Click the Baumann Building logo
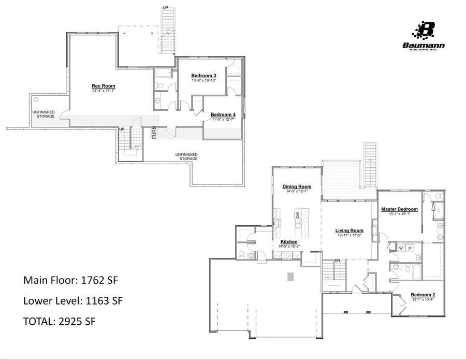(x=424, y=36)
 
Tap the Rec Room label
(x=104, y=86)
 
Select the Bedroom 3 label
(x=203, y=76)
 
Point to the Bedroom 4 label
(x=223, y=114)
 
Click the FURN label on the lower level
(x=154, y=133)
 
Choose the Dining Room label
(x=297, y=186)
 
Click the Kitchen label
(x=289, y=242)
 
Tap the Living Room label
(x=349, y=231)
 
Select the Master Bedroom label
(x=399, y=209)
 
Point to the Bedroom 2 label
(x=423, y=295)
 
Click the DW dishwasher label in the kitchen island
(x=298, y=214)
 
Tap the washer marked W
(x=401, y=248)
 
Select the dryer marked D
(x=410, y=248)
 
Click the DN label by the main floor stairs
(x=337, y=261)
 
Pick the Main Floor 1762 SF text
(x=71, y=280)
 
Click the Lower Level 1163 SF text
(x=73, y=300)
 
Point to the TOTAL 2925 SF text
(x=60, y=321)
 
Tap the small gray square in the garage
(x=290, y=277)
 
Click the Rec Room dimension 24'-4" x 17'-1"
(x=104, y=90)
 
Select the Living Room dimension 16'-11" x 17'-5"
(x=349, y=235)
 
